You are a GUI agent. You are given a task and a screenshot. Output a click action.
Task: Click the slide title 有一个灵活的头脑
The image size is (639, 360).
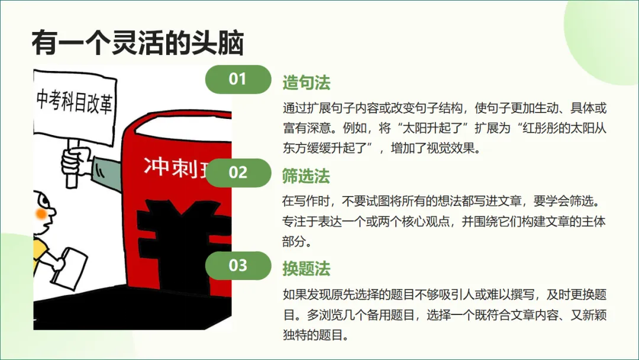137,43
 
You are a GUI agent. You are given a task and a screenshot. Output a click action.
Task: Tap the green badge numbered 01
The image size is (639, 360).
237,79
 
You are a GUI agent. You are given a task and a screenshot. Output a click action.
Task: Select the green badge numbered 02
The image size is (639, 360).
237,172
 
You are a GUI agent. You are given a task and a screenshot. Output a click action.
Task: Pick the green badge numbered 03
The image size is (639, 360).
237,265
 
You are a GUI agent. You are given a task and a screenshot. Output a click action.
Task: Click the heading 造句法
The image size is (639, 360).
306,83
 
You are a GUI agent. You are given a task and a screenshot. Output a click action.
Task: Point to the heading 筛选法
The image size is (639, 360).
306,176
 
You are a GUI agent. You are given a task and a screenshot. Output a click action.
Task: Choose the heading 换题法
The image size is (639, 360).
306,269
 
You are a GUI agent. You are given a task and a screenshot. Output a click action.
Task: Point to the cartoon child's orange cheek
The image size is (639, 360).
40,212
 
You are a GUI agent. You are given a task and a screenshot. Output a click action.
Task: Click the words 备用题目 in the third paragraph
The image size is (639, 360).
391,315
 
